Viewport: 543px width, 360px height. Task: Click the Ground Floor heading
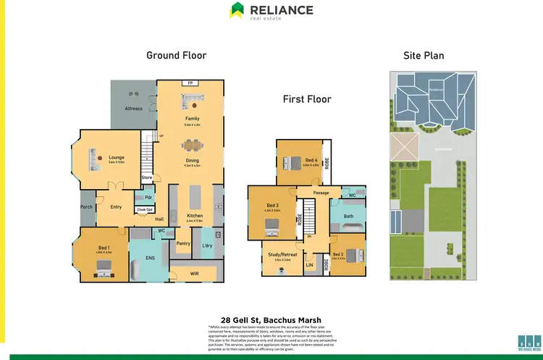click(176, 55)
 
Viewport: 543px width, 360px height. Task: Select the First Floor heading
click(307, 99)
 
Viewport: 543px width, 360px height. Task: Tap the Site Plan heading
click(424, 55)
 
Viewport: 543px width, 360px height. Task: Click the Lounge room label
click(96, 156)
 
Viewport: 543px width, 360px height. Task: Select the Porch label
click(86, 207)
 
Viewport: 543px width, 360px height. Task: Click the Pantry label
click(183, 243)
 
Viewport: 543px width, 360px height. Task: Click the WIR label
click(194, 273)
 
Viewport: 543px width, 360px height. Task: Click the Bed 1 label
click(104, 248)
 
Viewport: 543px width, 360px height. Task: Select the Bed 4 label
click(310, 160)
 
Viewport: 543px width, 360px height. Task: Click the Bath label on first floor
click(348, 217)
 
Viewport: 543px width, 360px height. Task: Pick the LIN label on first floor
click(309, 266)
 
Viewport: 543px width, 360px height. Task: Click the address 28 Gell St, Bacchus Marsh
click(271, 319)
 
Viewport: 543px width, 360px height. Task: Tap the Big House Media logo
click(530, 342)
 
